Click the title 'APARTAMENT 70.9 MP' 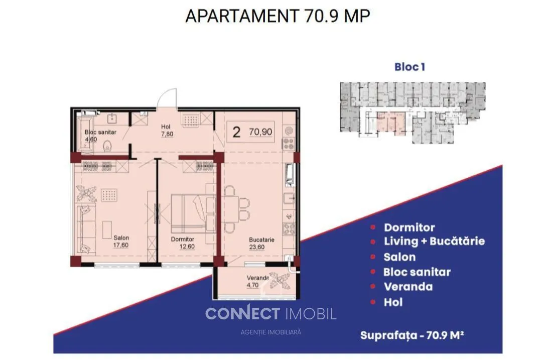pos(278,16)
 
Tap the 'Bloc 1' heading pos(410,67)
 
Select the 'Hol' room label pos(166,127)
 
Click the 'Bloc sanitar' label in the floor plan pos(100,132)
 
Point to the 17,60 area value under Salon pos(120,245)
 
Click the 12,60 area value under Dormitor pos(187,247)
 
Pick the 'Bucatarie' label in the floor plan pos(261,239)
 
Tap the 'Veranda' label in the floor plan pos(258,278)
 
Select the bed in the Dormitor pos(193,213)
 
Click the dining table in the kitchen pos(230,209)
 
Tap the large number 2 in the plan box pos(236,132)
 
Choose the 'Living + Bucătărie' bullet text pos(434,242)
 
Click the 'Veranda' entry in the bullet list pos(408,287)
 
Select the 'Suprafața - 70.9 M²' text pos(412,335)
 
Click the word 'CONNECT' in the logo pos(242,314)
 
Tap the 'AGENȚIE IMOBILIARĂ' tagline pos(270,332)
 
